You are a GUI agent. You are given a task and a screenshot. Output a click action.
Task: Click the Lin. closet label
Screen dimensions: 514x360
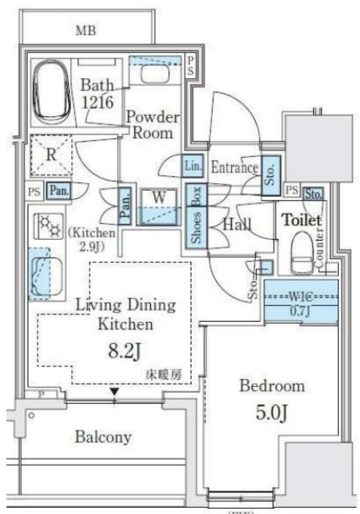(x=192, y=165)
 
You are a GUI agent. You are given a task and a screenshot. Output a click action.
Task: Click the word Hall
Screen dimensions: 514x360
(x=236, y=224)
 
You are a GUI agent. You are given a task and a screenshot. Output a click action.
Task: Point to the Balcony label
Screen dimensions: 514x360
(x=103, y=437)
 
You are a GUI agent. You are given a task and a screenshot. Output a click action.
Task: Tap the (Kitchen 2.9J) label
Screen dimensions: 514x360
(x=91, y=239)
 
